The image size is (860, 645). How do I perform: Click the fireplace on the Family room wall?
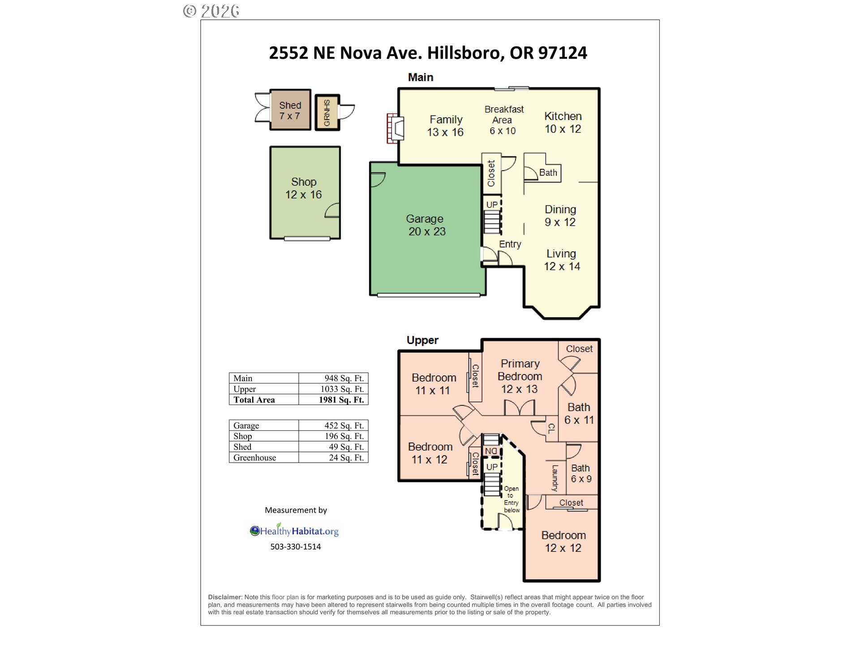395,129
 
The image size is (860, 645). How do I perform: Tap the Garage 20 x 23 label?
426,225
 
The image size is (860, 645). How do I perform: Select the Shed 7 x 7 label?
290,111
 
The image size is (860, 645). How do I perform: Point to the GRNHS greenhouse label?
327,113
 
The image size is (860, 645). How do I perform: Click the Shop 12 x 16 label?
304,188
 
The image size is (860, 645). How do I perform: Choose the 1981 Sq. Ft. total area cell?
341,400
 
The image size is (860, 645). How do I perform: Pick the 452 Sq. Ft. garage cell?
344,425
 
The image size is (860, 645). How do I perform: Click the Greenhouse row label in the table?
254,457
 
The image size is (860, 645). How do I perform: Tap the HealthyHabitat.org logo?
294,530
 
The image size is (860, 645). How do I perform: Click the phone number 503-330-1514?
296,546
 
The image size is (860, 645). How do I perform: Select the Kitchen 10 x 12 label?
563,122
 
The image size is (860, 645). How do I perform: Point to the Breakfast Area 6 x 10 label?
503,120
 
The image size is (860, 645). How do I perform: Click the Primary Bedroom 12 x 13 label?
520,376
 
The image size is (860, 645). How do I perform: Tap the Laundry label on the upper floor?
555,478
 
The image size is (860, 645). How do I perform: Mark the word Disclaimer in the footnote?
225,597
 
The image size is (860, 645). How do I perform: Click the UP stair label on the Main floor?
492,205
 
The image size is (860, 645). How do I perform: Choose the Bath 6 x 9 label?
581,473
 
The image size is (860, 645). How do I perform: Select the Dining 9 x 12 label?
560,215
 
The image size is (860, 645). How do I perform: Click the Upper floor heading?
422,340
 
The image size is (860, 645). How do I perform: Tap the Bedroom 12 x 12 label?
563,542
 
